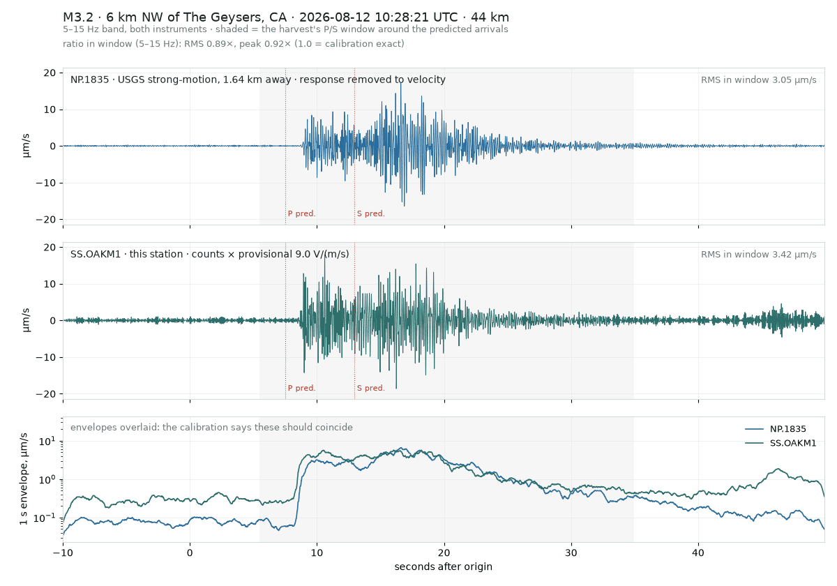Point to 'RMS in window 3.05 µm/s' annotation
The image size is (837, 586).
point(759,80)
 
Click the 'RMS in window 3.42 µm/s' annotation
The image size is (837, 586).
point(759,255)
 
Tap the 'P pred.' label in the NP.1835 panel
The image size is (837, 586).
point(301,213)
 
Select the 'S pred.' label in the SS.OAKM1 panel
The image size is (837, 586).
point(370,389)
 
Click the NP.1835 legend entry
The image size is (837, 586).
point(776,429)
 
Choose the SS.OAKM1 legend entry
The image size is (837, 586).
point(781,443)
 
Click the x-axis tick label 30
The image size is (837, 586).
point(571,553)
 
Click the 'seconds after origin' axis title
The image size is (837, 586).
point(443,567)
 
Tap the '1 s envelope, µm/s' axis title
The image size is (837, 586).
point(24,479)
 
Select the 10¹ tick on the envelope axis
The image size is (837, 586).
point(47,442)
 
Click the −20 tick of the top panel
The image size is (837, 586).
point(45,220)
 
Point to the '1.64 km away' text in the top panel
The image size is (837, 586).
point(257,80)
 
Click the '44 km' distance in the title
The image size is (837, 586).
point(490,17)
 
